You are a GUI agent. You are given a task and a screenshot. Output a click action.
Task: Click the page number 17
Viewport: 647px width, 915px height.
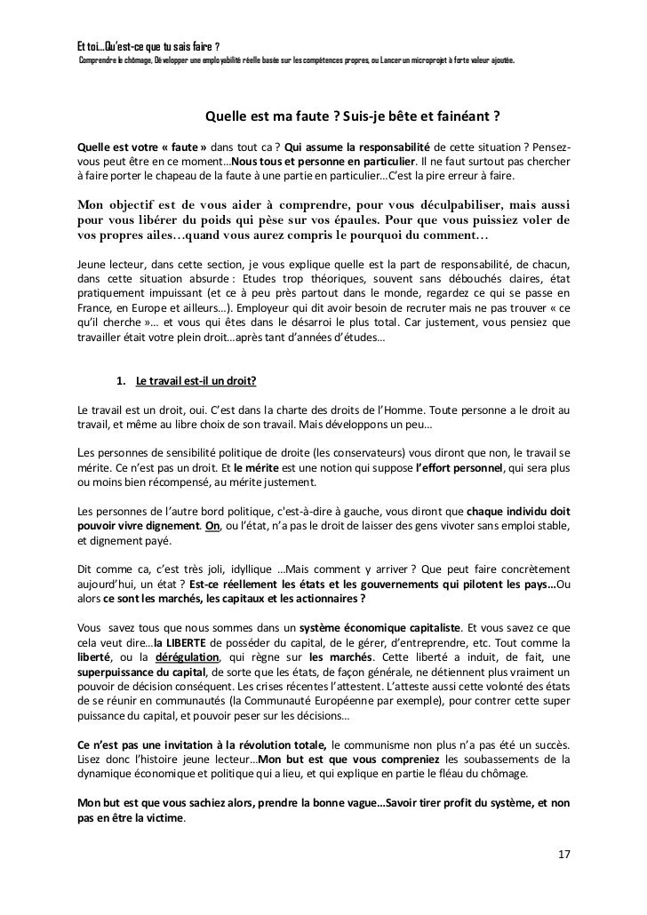[x=563, y=855]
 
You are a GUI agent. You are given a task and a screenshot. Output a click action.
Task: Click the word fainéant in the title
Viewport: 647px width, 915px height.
[x=468, y=115]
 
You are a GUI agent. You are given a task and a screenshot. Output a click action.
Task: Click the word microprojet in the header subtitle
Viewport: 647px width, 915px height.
[x=402, y=60]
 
